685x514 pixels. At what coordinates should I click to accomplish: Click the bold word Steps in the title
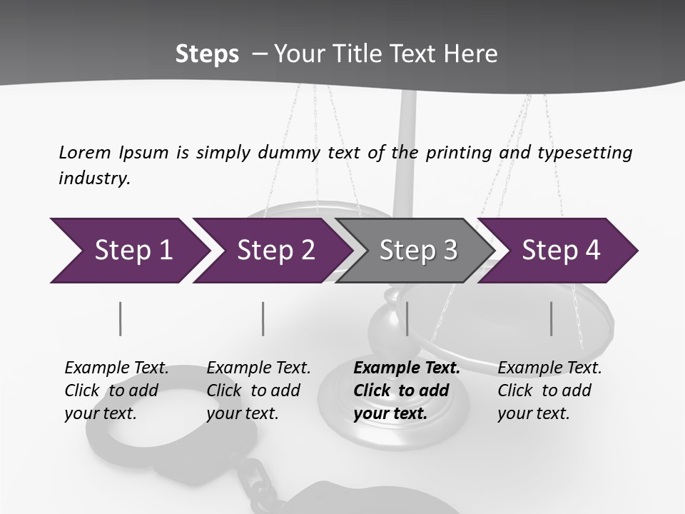(x=207, y=54)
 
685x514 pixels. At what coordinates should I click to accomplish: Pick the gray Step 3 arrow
(x=418, y=250)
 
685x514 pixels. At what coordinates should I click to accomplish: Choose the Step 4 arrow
(x=561, y=250)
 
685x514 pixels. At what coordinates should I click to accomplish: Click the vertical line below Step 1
(x=120, y=318)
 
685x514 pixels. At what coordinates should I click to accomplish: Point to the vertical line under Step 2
(x=263, y=318)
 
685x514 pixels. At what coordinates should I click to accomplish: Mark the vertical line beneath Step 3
(x=407, y=318)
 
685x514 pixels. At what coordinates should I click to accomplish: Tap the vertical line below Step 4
(x=551, y=318)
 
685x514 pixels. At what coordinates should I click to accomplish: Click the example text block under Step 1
(x=116, y=390)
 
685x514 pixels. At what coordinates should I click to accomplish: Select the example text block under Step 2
(x=258, y=390)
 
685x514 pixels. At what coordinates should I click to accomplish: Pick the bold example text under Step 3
(x=407, y=390)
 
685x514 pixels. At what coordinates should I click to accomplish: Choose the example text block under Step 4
(x=549, y=390)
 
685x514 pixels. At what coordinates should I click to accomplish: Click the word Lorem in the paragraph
(x=85, y=152)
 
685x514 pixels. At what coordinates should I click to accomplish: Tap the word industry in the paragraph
(x=94, y=178)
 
